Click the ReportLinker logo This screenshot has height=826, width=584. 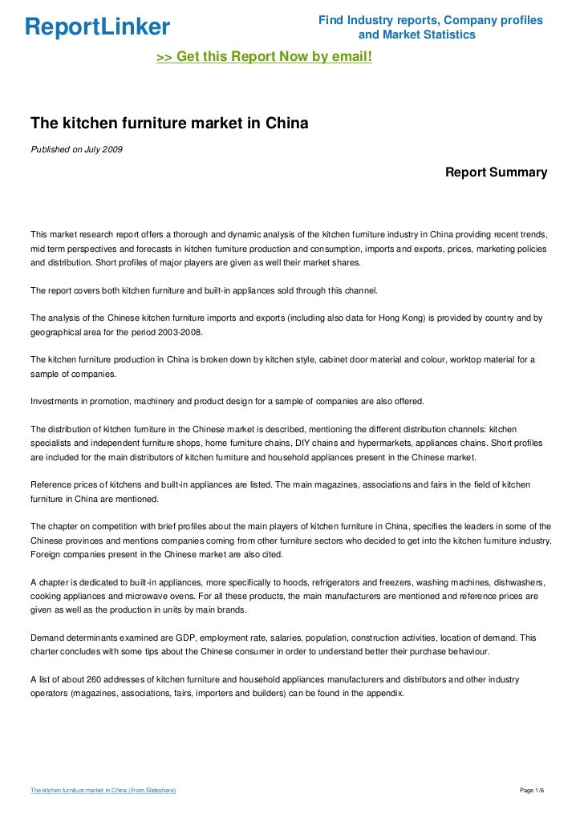click(97, 27)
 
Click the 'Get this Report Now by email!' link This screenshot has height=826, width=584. click(264, 58)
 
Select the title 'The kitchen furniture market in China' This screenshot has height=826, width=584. click(169, 124)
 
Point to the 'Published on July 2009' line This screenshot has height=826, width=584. click(76, 149)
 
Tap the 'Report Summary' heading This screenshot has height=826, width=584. click(496, 172)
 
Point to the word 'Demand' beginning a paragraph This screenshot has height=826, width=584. click(48, 637)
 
